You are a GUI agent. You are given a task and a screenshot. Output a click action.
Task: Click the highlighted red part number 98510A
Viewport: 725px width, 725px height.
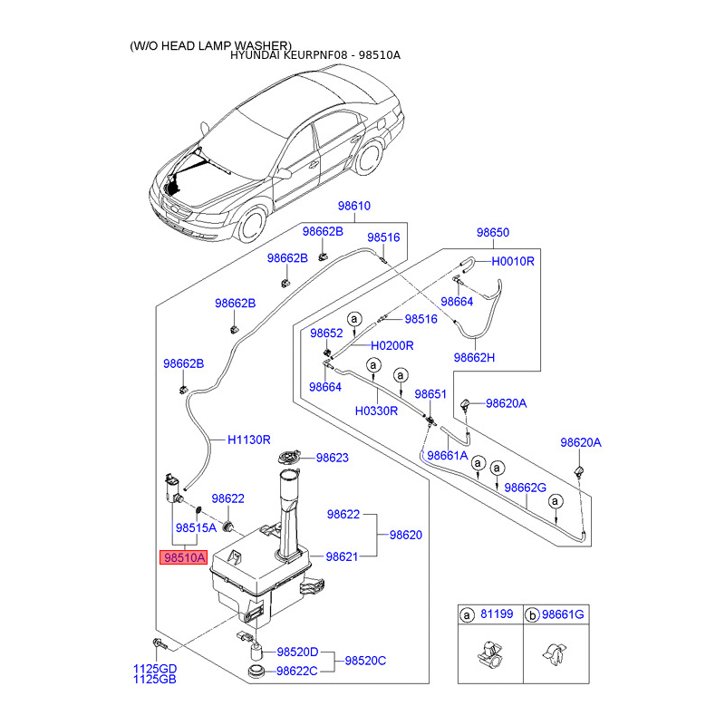point(184,557)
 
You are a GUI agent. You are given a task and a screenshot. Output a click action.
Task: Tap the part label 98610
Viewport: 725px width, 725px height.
point(354,206)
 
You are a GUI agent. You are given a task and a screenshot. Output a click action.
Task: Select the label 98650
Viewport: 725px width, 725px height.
point(493,232)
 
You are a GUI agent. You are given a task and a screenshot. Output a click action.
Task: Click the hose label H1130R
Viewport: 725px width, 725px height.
point(248,440)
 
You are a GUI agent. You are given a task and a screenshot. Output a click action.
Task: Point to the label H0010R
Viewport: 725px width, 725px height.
point(513,261)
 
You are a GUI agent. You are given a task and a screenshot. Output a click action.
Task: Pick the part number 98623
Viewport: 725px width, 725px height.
point(333,458)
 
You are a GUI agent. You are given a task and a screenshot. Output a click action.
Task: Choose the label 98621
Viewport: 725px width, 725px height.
point(343,556)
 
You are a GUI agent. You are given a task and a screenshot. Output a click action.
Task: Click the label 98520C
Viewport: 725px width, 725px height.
point(365,661)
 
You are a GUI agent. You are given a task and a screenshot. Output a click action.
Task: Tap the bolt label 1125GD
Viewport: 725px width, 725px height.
point(155,669)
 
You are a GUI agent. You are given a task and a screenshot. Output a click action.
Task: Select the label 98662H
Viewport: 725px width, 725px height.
point(474,357)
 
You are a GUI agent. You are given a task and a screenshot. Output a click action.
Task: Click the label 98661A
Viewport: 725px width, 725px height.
point(448,456)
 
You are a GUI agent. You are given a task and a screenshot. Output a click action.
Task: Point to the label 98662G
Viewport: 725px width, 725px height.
point(526,488)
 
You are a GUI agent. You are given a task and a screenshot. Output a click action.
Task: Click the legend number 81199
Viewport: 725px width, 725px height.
point(497,614)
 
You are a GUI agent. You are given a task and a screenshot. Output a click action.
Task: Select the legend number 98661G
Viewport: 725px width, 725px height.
point(563,614)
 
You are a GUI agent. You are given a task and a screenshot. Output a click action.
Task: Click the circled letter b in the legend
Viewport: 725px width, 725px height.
point(533,615)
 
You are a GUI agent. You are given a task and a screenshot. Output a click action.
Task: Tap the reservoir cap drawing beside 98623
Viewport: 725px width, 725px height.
point(289,458)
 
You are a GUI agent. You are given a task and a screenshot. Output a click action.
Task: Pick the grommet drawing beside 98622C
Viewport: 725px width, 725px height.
point(256,671)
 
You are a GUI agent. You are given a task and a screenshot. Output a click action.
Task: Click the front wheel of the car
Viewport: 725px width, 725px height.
point(253,225)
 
